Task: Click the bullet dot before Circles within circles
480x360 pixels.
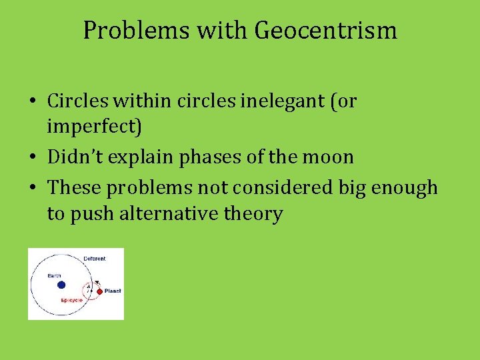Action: click(32, 101)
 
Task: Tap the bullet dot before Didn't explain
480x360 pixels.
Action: click(32, 158)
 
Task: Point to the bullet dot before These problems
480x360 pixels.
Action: click(32, 188)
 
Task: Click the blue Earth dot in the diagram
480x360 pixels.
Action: click(61, 285)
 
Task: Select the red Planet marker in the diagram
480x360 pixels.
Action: click(99, 291)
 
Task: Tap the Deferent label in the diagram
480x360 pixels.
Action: click(94, 259)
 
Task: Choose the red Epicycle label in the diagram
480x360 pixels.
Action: click(71, 301)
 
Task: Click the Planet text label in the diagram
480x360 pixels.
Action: click(113, 291)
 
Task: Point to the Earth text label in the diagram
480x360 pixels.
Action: click(54, 275)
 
